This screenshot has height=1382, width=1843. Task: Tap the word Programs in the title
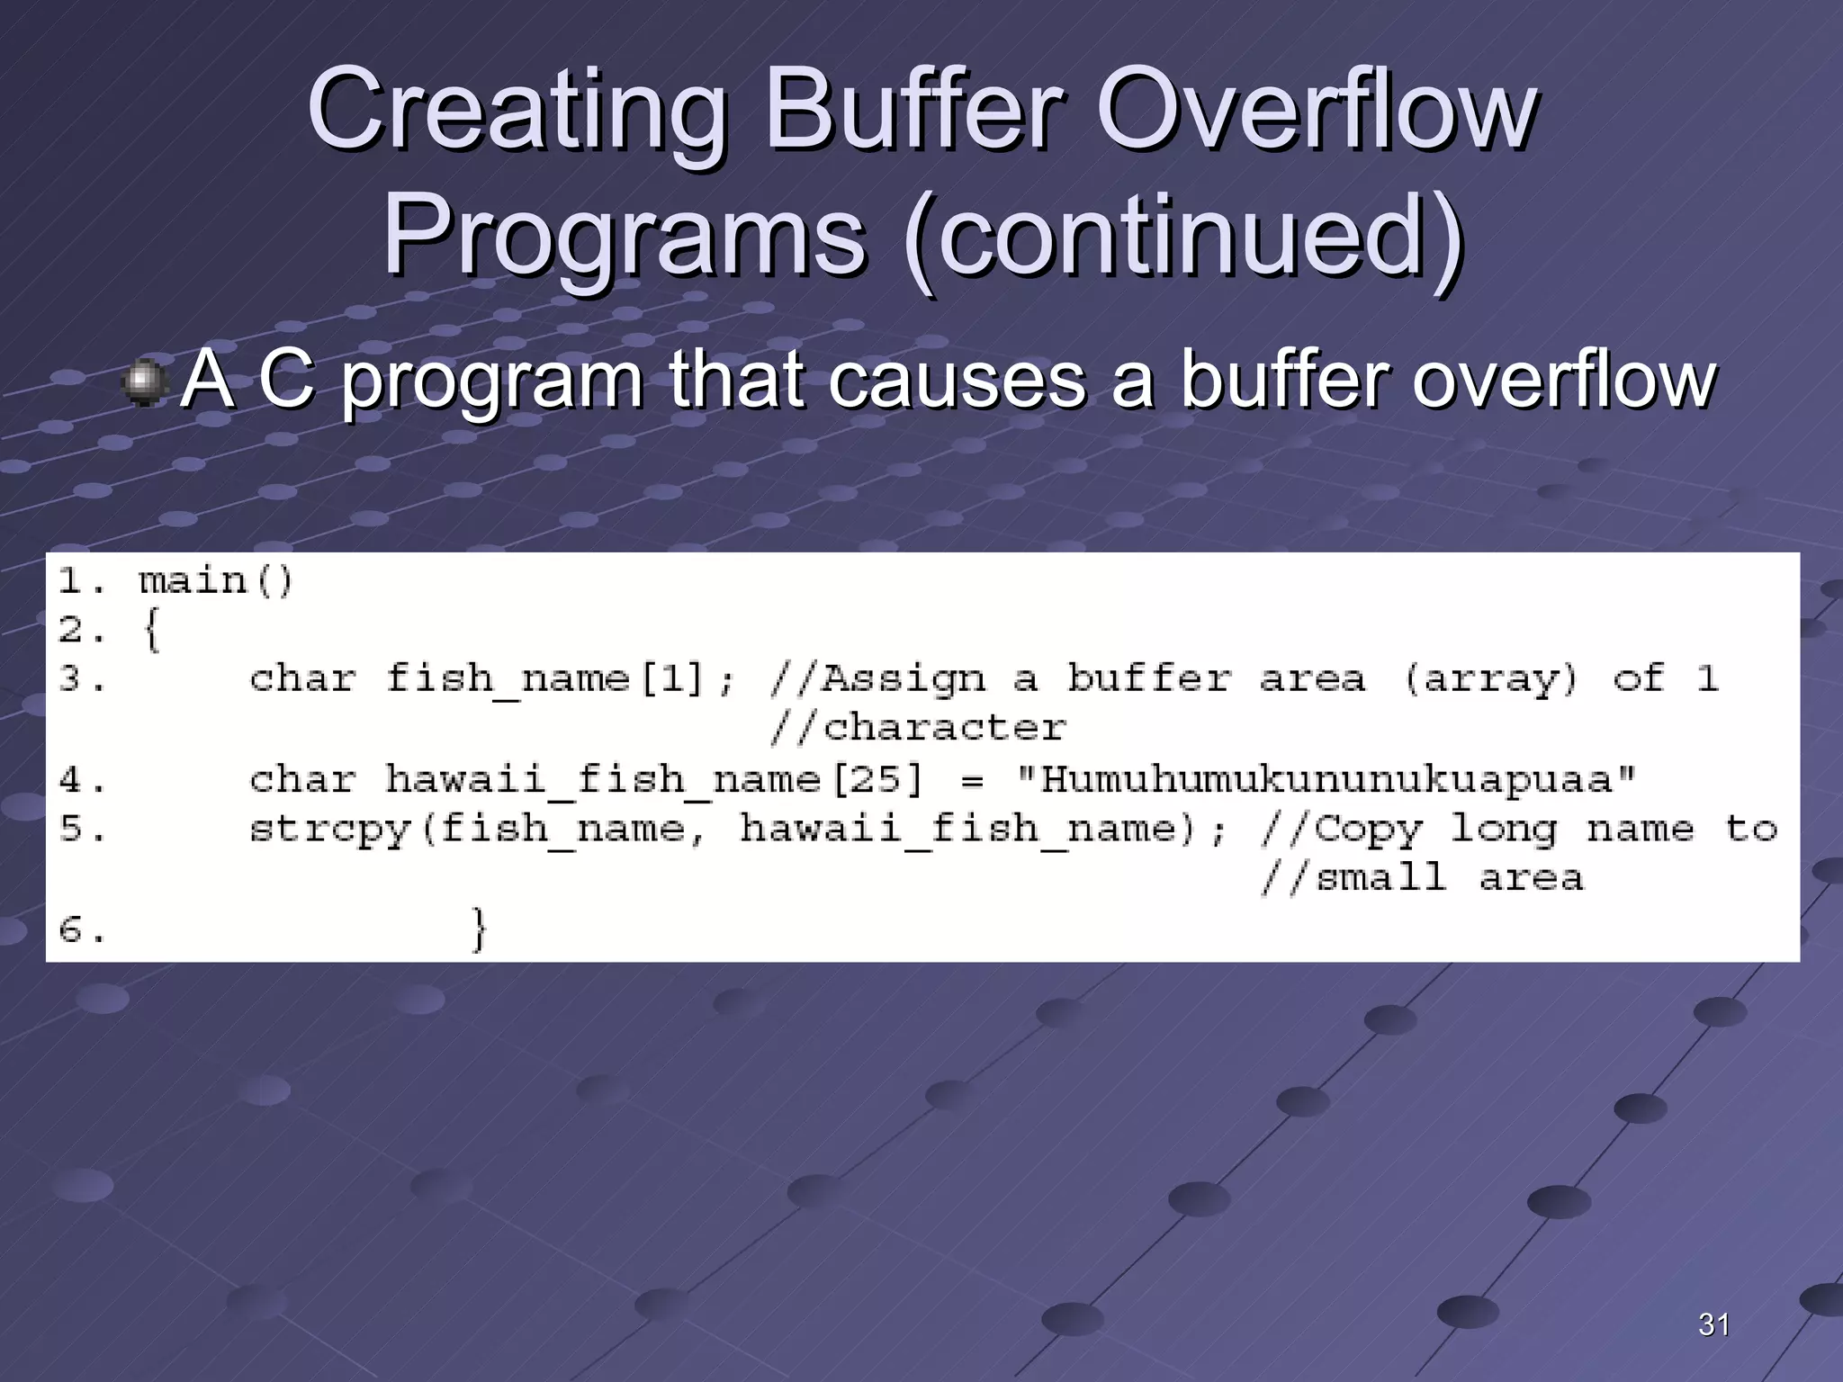(x=625, y=238)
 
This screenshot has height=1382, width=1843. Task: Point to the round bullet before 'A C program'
(x=144, y=382)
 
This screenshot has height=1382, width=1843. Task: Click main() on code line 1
(x=216, y=580)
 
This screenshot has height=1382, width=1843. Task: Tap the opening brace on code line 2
(x=151, y=629)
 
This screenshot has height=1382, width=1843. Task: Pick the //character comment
(x=918, y=727)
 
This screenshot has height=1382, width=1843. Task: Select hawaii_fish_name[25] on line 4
(x=654, y=778)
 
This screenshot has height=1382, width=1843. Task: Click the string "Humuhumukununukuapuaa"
(x=1326, y=778)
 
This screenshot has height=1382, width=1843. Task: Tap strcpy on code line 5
(x=329, y=829)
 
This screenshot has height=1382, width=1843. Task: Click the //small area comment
(x=1422, y=877)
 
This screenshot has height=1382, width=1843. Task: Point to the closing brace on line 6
(x=480, y=929)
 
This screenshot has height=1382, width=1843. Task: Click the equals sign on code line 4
(x=971, y=780)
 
